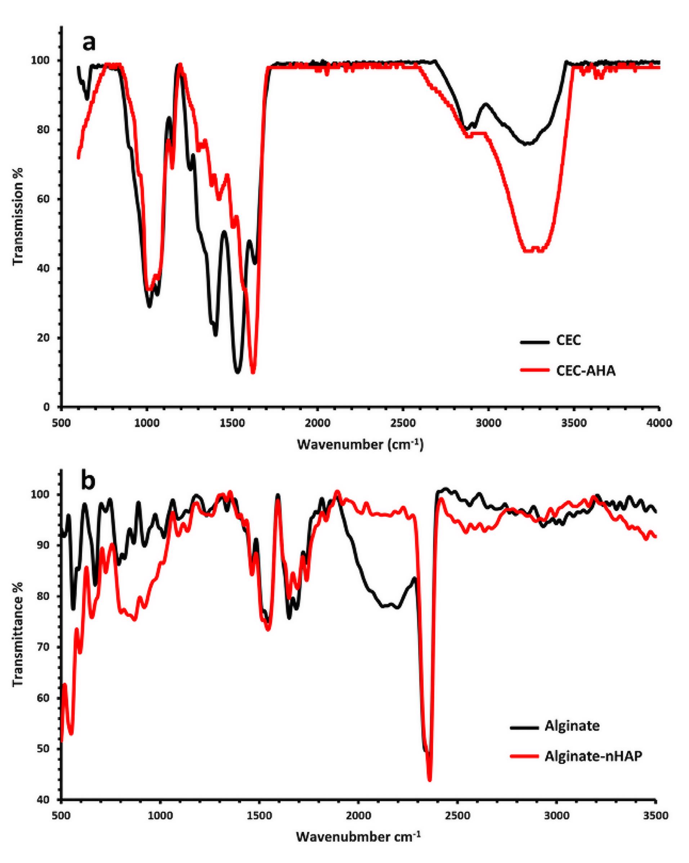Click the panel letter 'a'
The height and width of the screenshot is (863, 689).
[89, 43]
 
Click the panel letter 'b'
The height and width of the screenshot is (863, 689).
[88, 481]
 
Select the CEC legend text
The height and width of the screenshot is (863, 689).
[568, 341]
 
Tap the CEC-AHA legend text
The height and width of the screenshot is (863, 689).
[585, 371]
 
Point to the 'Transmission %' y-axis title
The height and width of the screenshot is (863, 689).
[18, 217]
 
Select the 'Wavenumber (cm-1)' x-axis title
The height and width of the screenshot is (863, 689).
[360, 444]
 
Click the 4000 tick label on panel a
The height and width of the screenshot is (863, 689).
[659, 423]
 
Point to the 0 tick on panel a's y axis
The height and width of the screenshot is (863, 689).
[47, 407]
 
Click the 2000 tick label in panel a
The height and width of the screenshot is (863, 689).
[317, 423]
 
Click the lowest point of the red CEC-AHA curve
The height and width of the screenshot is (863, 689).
[253, 372]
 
